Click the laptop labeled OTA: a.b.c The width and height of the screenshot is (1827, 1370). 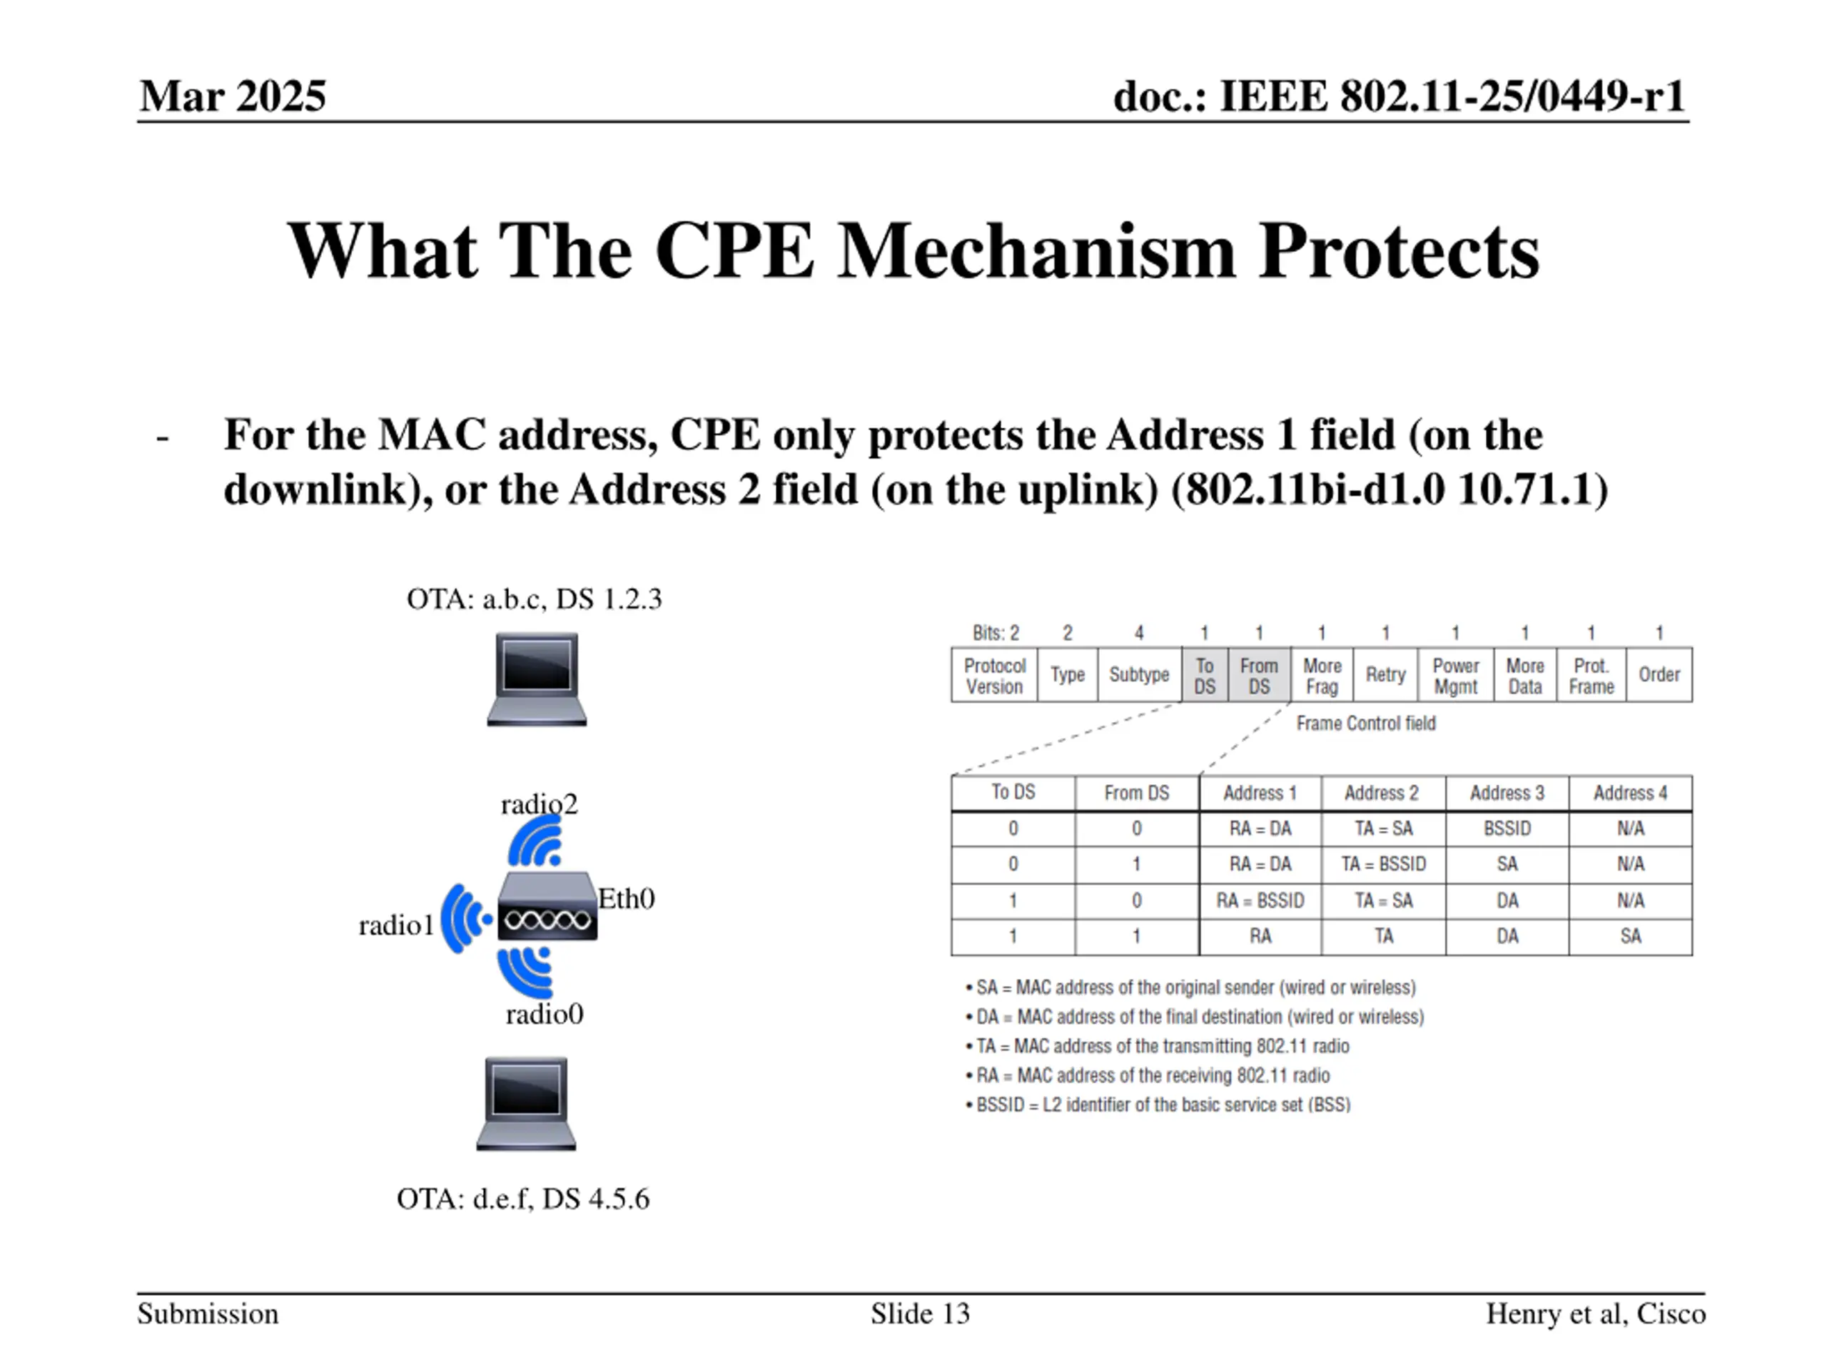[x=537, y=679]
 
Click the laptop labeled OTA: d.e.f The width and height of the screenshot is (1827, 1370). [x=526, y=1103]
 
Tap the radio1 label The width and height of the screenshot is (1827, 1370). [x=395, y=925]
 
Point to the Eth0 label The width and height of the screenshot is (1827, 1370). [x=626, y=898]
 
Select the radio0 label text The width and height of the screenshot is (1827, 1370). [x=545, y=1014]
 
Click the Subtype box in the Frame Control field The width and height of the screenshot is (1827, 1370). [x=1138, y=675]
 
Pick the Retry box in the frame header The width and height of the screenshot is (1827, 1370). [x=1385, y=675]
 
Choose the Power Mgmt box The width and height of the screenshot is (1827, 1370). [x=1455, y=676]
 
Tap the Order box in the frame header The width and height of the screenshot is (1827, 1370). [x=1659, y=675]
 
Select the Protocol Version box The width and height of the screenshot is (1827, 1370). [x=994, y=676]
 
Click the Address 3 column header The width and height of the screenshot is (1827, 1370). [x=1507, y=793]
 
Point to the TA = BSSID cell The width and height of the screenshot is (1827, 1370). [x=1384, y=864]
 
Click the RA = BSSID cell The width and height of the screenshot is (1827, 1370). [x=1260, y=900]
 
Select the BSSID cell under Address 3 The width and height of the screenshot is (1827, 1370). [x=1507, y=828]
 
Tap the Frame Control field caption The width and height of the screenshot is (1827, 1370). [x=1365, y=724]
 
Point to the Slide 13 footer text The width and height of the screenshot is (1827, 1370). [x=920, y=1314]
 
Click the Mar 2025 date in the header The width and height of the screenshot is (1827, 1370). [x=233, y=96]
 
